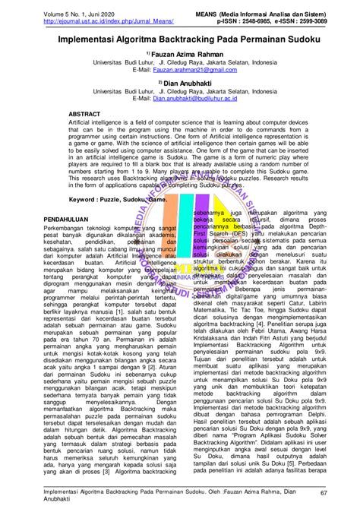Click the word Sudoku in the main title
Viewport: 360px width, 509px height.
(x=293, y=35)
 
